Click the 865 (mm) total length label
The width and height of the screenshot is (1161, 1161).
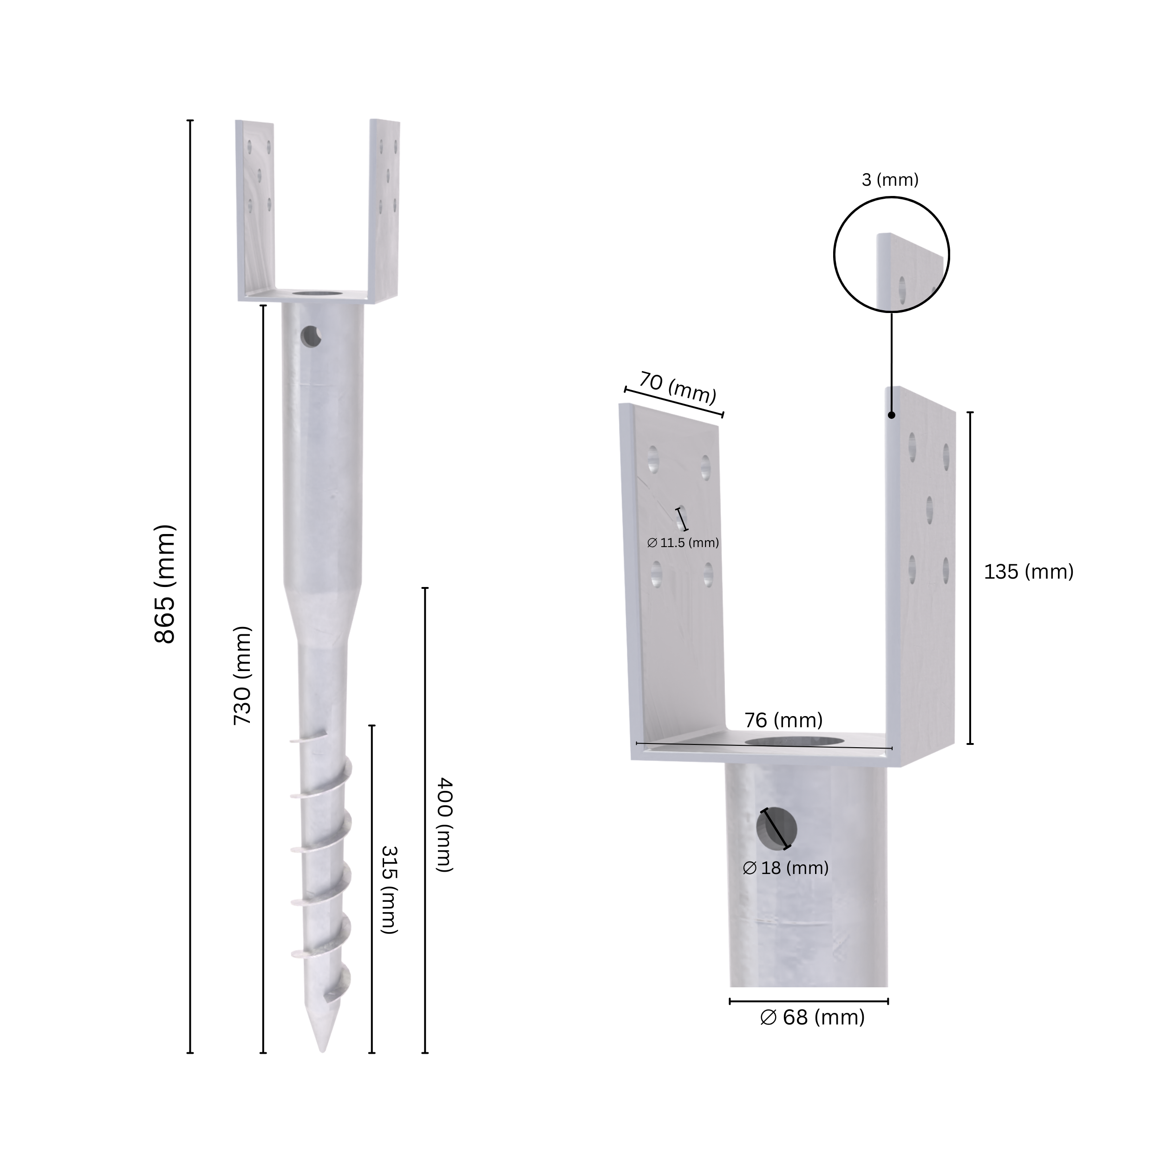coord(165,584)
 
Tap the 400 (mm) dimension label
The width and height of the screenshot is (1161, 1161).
coord(444,824)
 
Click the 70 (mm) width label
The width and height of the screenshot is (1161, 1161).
coord(677,388)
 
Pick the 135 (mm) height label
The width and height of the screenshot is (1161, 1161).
coord(1028,572)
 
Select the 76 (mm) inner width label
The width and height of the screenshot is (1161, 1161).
coord(783,720)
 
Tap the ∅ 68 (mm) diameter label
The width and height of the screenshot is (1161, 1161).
coord(812,1018)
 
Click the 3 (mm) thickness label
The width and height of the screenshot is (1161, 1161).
coord(890,180)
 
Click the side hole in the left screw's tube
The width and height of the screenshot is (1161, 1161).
coord(311,337)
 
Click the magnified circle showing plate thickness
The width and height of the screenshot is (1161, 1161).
coord(891,255)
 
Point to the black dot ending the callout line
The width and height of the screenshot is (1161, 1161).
coord(891,415)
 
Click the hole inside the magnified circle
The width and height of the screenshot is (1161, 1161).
coord(902,290)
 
